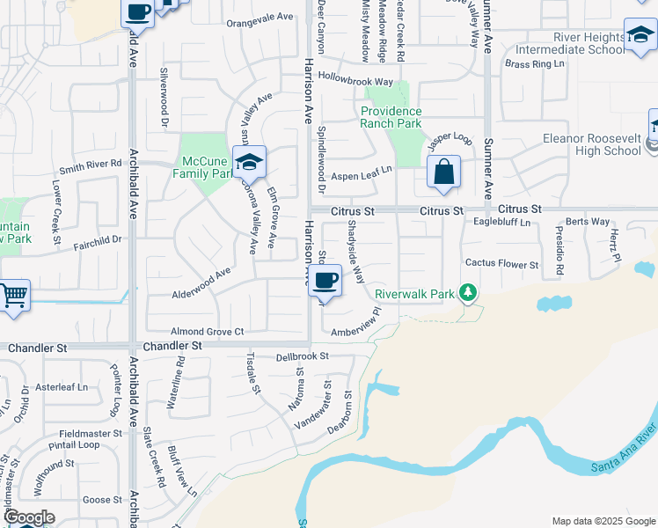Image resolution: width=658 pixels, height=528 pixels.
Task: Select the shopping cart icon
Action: click(12, 296)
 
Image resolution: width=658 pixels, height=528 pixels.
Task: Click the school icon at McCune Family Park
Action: click(250, 162)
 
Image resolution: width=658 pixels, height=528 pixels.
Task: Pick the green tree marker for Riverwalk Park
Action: click(470, 292)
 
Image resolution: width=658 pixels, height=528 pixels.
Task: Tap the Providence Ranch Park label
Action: click(391, 117)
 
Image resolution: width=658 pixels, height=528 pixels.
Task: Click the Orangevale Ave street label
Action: click(259, 17)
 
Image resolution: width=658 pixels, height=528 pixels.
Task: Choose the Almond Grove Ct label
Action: click(207, 331)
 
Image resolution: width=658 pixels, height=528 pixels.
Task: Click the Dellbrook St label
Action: click(301, 356)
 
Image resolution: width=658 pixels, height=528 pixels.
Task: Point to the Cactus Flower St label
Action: click(501, 264)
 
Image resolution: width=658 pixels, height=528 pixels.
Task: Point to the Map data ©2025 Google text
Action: click(603, 521)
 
